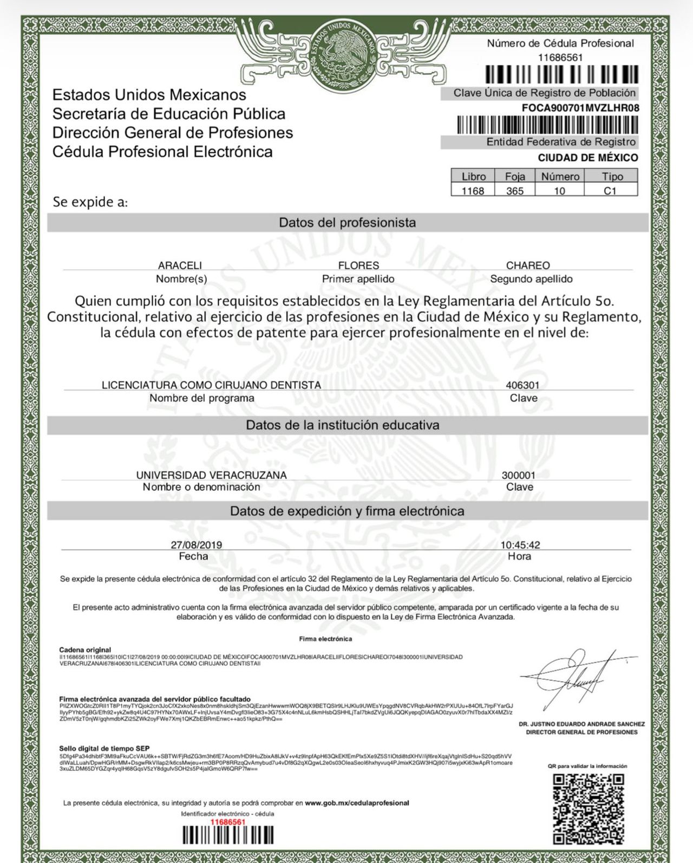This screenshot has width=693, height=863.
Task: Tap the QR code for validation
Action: pos(587,808)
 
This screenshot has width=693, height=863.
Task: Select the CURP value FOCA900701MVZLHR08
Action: pos(580,108)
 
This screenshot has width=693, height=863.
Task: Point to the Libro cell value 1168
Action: pos(473,191)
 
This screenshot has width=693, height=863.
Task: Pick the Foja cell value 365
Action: pos(514,191)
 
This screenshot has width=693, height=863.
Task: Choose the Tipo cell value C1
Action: pos(610,191)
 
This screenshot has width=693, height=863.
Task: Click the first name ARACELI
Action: pos(180,265)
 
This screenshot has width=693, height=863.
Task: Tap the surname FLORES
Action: pos(358,265)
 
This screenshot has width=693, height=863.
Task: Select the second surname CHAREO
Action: pos(528,265)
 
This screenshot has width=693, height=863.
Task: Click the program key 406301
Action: pos(522,385)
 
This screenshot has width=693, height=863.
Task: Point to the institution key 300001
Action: pos(518,475)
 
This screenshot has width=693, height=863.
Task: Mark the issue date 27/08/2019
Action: pos(196,545)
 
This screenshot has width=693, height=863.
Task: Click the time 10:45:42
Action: pos(520,545)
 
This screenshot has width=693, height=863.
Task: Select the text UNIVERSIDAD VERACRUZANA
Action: pos(212,475)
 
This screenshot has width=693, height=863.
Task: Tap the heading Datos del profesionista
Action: pos(347,223)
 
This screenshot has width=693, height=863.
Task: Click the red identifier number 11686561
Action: pos(227,822)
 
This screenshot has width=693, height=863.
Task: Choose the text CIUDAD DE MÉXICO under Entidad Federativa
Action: pos(587,158)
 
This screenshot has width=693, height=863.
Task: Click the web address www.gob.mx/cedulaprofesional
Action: pos(357,803)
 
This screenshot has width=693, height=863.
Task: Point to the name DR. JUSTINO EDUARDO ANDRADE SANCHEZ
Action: pos(581,724)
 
